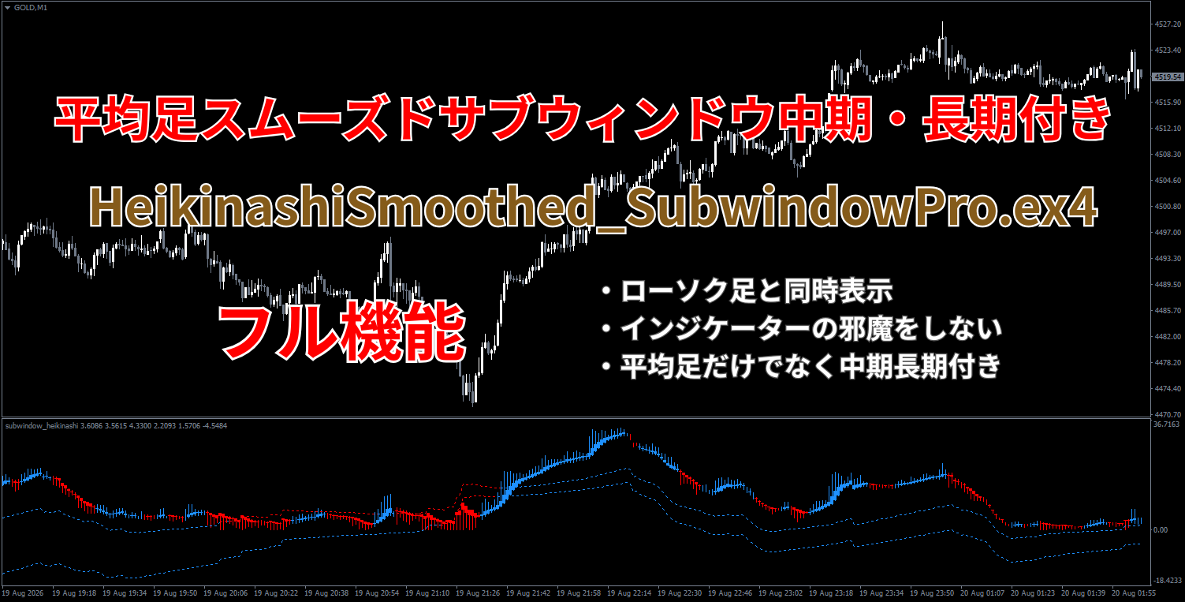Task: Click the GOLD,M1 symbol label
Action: [x=31, y=8]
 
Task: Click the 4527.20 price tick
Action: [x=1168, y=24]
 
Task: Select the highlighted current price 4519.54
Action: [x=1168, y=77]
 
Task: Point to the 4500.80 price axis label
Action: [x=1168, y=207]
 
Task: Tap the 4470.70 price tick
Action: [x=1168, y=414]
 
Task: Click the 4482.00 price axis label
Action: [x=1168, y=337]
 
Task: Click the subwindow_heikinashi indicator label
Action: [x=42, y=426]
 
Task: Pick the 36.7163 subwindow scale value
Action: [x=1167, y=424]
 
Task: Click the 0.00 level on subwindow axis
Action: [x=1160, y=530]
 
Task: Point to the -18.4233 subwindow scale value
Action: [x=1167, y=581]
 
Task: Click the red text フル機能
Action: [x=343, y=333]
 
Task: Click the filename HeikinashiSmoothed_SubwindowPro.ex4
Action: [x=593, y=208]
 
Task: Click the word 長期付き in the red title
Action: [x=1016, y=118]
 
